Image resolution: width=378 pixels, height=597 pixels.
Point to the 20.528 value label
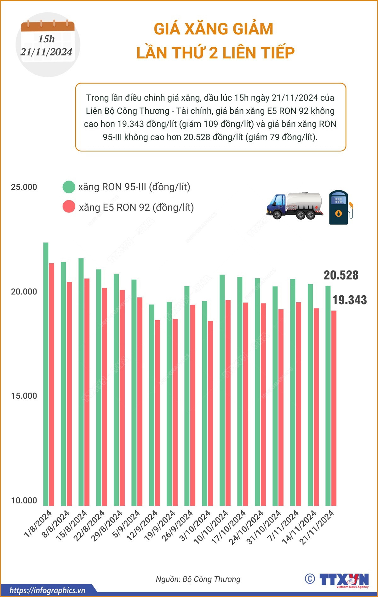pyautogui.click(x=341, y=275)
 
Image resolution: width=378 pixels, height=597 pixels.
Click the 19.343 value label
pyautogui.click(x=350, y=300)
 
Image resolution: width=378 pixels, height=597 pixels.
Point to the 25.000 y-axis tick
pyautogui.click(x=24, y=187)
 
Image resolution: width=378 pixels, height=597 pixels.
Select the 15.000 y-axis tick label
pyautogui.click(x=24, y=396)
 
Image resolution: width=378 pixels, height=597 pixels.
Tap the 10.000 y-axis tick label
pyautogui.click(x=24, y=500)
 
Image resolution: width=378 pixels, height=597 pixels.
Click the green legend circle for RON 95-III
pyautogui.click(x=69, y=187)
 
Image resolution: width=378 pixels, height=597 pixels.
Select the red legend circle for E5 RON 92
pyautogui.click(x=69, y=207)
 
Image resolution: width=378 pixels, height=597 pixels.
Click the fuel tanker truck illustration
pyautogui.click(x=295, y=206)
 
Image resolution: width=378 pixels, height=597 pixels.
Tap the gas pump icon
pyautogui.click(x=341, y=207)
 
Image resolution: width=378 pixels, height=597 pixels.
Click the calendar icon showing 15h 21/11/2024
pyautogui.click(x=48, y=44)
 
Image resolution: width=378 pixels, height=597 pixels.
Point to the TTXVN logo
pyautogui.click(x=343, y=579)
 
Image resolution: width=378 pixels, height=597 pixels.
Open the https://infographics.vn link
pyautogui.click(x=47, y=590)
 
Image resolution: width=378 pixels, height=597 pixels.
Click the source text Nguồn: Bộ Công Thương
pyautogui.click(x=198, y=579)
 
